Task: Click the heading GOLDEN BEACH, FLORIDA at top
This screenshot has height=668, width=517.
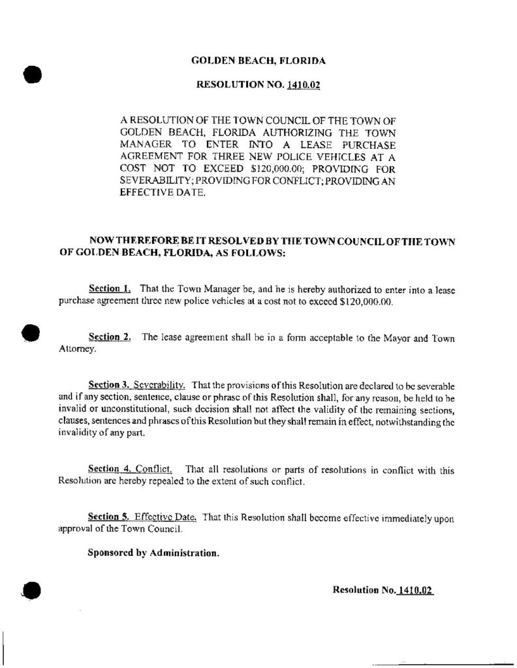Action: pos(258,61)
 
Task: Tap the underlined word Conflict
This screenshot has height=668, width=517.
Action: pos(155,470)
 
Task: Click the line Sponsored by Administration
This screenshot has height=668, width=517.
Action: pos(153,554)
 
